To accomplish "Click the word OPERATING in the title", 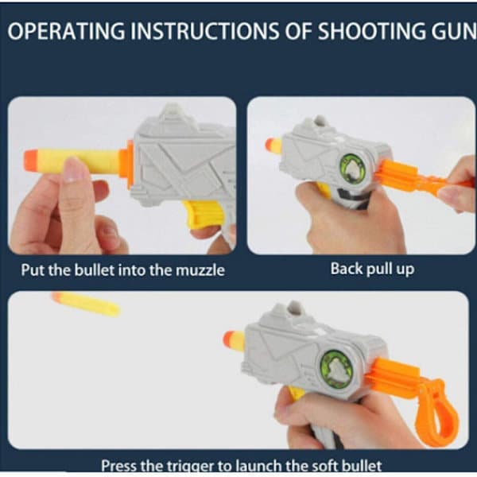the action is coord(66,31).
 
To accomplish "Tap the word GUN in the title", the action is coord(454,31).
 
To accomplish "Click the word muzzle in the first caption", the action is coord(200,270).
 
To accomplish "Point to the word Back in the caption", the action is coord(346,269).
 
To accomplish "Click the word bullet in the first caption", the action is coord(95,270).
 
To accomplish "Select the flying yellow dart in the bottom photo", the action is coord(86,304).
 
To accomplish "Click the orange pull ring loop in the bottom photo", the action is coord(439,412).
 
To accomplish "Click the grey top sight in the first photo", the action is coord(173,113).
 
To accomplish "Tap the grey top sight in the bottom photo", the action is coord(293,311).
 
